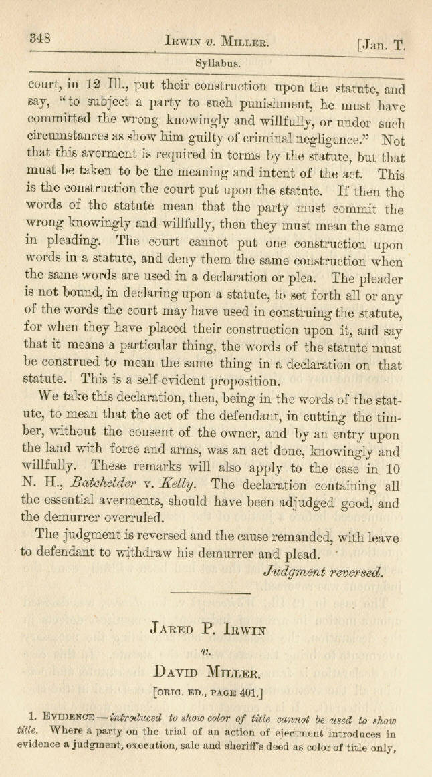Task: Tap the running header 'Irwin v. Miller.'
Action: click(x=217, y=40)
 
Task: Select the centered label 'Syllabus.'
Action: click(x=219, y=64)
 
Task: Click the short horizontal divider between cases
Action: click(x=219, y=593)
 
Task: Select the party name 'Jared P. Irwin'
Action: click(x=218, y=628)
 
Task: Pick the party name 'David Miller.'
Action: click(x=218, y=673)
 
